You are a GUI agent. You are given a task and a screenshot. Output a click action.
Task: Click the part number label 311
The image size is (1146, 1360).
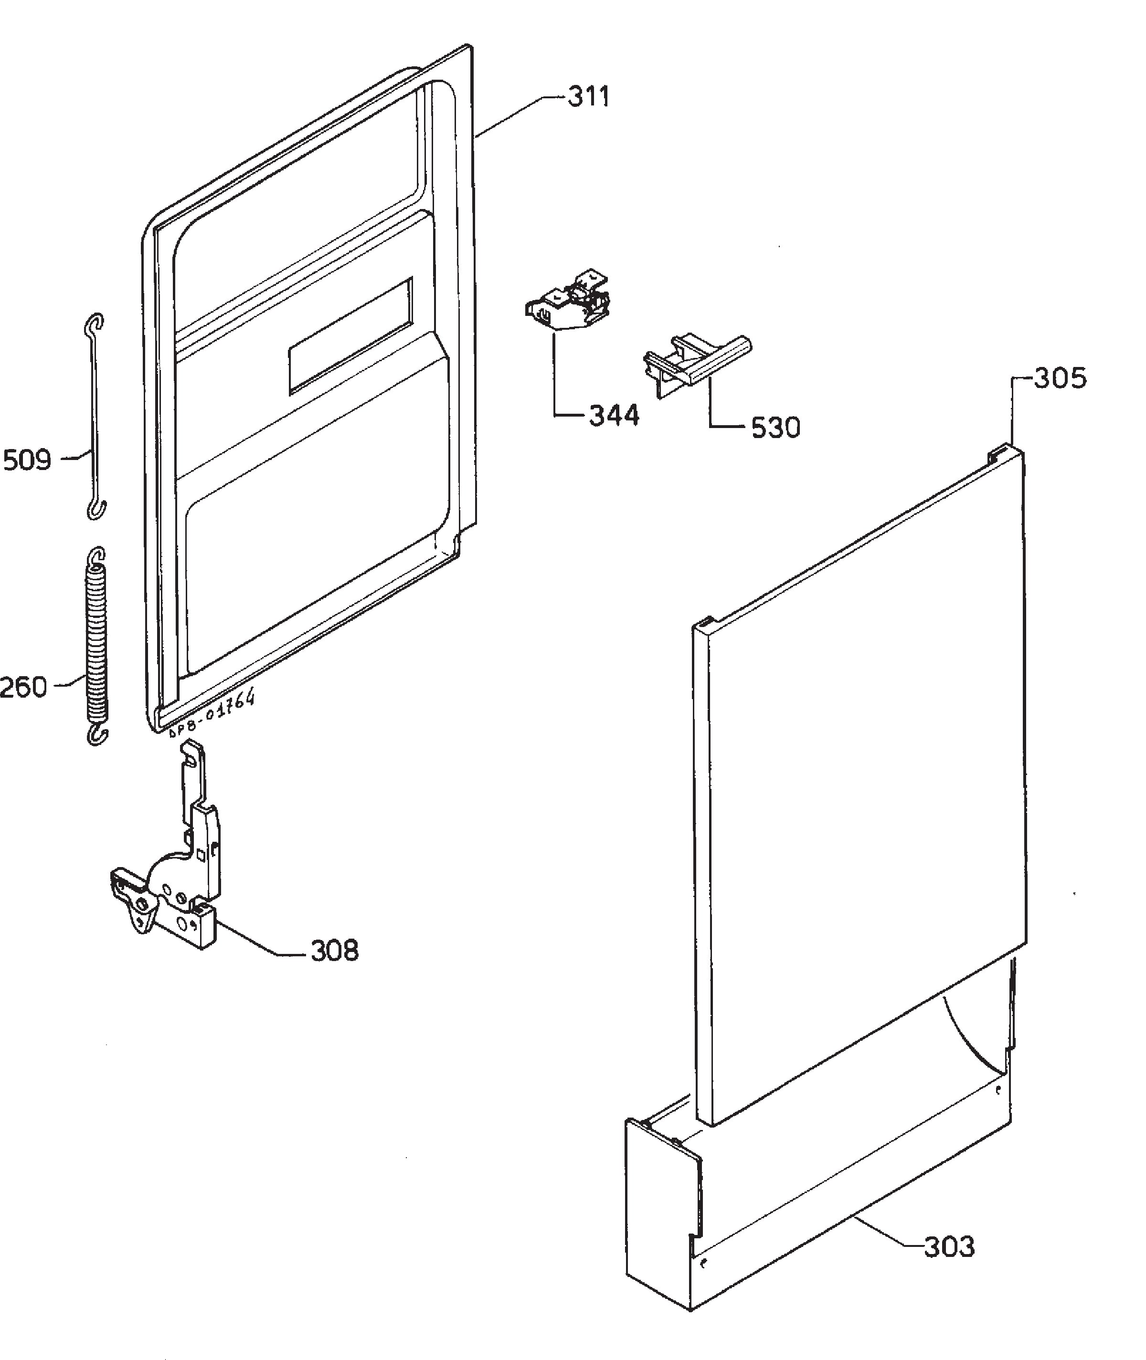589,97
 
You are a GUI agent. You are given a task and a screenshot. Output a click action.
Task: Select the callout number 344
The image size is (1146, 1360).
614,416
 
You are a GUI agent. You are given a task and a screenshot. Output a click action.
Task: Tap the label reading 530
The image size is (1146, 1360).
775,428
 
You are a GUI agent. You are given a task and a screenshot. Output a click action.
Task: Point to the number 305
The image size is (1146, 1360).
1060,378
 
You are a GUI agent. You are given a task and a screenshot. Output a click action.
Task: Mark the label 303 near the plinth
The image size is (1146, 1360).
949,1246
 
